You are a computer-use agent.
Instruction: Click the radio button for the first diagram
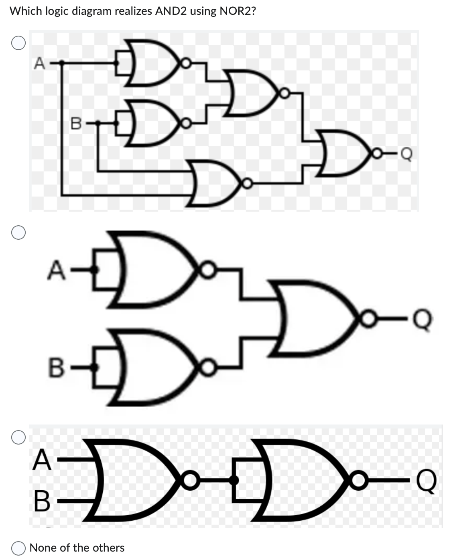click(18, 43)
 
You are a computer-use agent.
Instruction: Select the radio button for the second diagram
click(18, 233)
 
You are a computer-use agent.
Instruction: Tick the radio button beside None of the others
click(18, 548)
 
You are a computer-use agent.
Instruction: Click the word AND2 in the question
click(171, 11)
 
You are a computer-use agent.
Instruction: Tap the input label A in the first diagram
click(39, 63)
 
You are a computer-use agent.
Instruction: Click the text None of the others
click(77, 548)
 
